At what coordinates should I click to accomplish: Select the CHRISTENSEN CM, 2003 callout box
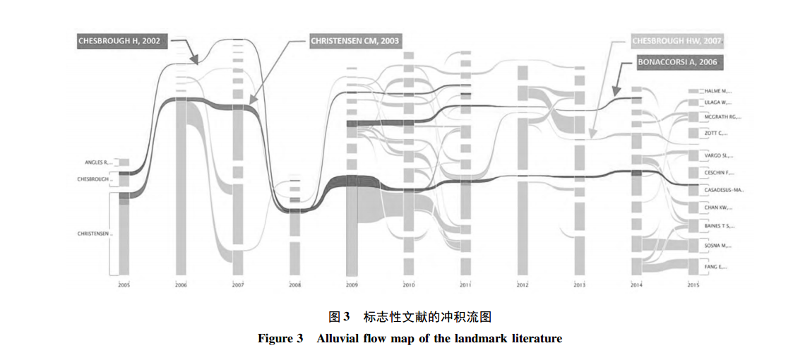click(354, 42)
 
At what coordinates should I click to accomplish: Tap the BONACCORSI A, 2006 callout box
click(677, 62)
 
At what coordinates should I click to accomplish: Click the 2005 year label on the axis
click(124, 284)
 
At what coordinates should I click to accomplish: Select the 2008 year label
click(294, 284)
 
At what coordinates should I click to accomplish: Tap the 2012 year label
click(523, 284)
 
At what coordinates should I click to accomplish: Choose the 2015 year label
click(694, 284)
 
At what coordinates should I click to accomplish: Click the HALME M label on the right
click(718, 91)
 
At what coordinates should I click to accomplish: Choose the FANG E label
click(716, 266)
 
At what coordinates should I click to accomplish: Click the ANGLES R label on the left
click(98, 162)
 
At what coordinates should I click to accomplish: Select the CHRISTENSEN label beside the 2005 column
click(95, 234)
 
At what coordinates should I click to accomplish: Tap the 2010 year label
click(408, 284)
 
